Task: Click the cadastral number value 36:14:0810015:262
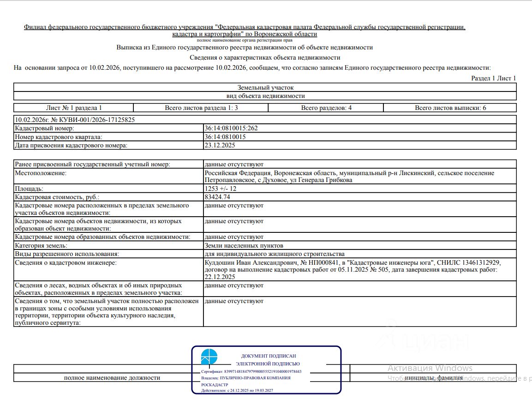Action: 231,128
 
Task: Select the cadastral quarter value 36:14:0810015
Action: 225,137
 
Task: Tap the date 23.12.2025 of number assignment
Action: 220,145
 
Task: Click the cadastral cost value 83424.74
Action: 217,197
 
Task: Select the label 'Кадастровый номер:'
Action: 44,128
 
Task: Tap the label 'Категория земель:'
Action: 41,245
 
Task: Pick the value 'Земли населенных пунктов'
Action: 244,245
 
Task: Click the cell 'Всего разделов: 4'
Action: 326,108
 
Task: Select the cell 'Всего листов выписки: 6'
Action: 450,108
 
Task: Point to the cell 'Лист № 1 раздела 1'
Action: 74,108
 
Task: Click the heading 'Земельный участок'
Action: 265,87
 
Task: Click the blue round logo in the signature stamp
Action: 209,357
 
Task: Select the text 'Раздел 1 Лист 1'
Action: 493,78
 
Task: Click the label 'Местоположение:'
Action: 41,173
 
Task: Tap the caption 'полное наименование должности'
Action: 112,377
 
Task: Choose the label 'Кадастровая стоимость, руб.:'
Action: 57,197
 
